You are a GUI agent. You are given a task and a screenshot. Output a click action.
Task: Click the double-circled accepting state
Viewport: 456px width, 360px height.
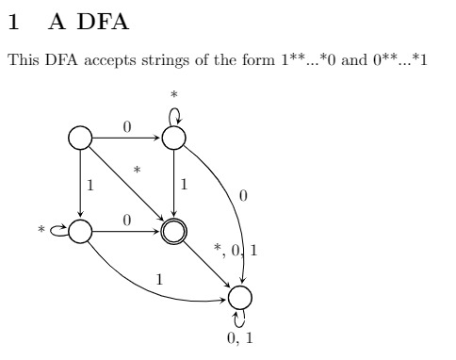172,231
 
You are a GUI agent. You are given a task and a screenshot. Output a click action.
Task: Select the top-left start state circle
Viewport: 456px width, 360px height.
79,138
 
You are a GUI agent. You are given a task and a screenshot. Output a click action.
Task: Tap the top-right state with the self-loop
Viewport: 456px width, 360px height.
172,138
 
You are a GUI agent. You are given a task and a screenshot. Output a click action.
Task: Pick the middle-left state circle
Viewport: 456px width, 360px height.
79,231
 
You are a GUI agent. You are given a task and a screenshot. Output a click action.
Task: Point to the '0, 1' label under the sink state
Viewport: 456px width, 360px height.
242,337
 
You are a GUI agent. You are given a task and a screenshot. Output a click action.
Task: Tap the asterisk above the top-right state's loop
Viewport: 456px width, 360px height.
173,95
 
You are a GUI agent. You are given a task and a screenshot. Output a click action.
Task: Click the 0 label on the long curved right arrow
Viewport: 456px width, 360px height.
243,197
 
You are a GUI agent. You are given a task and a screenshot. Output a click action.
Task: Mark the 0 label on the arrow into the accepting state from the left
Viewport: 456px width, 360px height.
126,220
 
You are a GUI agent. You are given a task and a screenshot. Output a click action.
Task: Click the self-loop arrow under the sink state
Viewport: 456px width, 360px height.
240,319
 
